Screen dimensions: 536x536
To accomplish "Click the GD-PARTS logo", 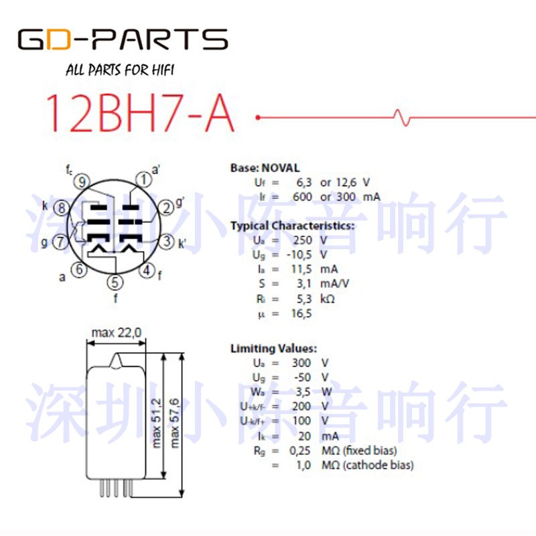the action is click(x=123, y=39).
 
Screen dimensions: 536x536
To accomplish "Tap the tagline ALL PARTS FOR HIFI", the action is click(x=120, y=70).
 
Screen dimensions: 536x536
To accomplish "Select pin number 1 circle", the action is click(x=144, y=180).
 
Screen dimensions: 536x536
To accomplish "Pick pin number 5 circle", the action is click(x=115, y=282).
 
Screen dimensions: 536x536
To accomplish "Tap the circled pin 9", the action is click(x=82, y=182).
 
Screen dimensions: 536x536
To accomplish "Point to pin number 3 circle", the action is click(x=166, y=241).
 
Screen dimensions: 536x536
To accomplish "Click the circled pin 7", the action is click(x=60, y=242).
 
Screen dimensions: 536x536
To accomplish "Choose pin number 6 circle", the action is click(x=79, y=269).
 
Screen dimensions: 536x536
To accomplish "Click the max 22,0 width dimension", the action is click(x=117, y=332).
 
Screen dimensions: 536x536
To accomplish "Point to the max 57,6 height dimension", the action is click(x=174, y=423).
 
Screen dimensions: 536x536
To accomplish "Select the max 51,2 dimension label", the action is click(x=156, y=423).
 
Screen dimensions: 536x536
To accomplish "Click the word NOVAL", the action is click(x=281, y=168).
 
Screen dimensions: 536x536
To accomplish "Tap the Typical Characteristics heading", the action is click(x=292, y=226).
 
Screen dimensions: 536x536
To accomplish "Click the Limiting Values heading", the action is click(x=273, y=348).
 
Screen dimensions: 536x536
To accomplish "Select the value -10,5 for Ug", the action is click(x=299, y=255).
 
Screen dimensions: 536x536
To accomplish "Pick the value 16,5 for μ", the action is click(x=301, y=314).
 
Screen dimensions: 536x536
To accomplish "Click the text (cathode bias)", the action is click(x=378, y=465).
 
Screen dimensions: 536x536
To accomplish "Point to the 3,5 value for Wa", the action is click(x=303, y=392).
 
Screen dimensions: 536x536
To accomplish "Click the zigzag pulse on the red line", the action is click(x=401, y=118).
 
